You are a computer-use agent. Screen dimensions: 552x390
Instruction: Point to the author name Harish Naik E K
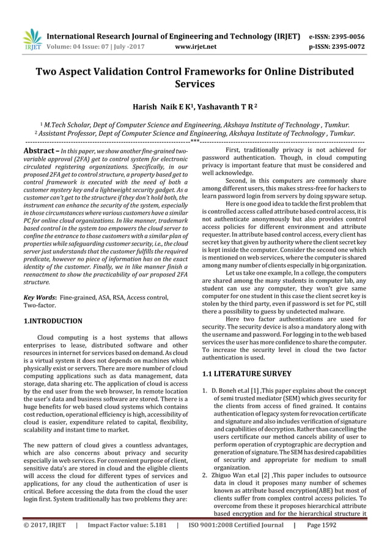[163, 107]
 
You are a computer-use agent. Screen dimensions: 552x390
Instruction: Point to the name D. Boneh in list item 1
[225, 390]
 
